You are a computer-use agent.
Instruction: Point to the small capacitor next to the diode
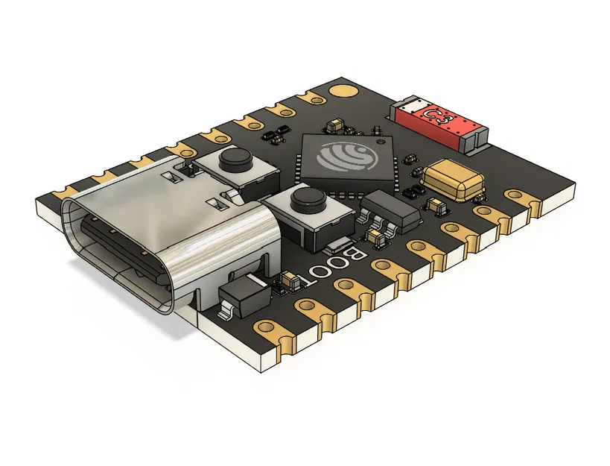click(x=289, y=281)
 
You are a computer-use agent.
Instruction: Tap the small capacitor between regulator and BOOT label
click(x=378, y=238)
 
